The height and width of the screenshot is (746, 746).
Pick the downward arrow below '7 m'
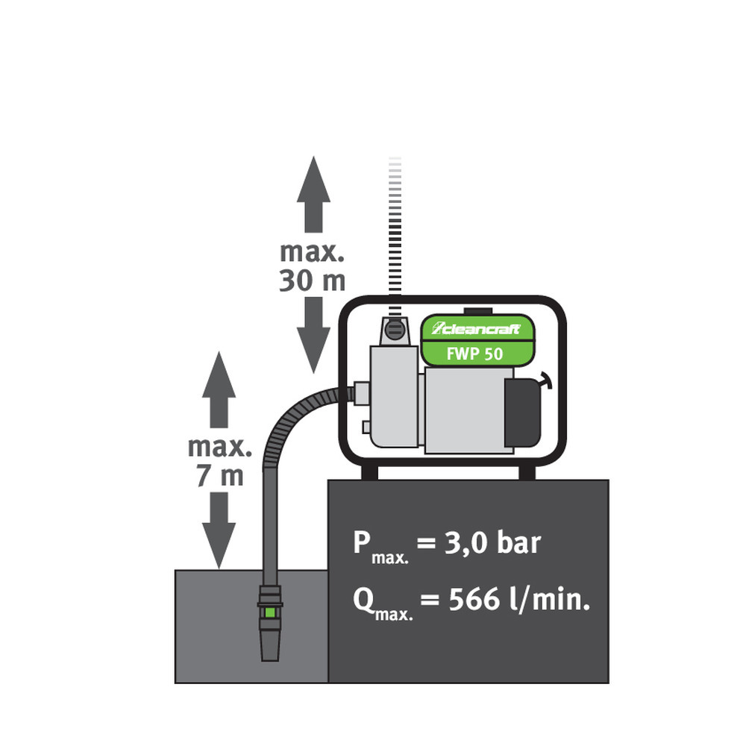point(219,531)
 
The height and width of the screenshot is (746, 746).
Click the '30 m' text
point(313,280)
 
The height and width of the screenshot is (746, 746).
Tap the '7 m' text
point(220,476)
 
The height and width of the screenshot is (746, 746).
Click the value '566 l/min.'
point(519,599)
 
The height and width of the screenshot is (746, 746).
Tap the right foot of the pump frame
point(527,472)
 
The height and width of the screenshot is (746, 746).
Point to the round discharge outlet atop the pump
point(395,328)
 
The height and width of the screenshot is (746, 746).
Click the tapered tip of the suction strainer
point(269,646)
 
